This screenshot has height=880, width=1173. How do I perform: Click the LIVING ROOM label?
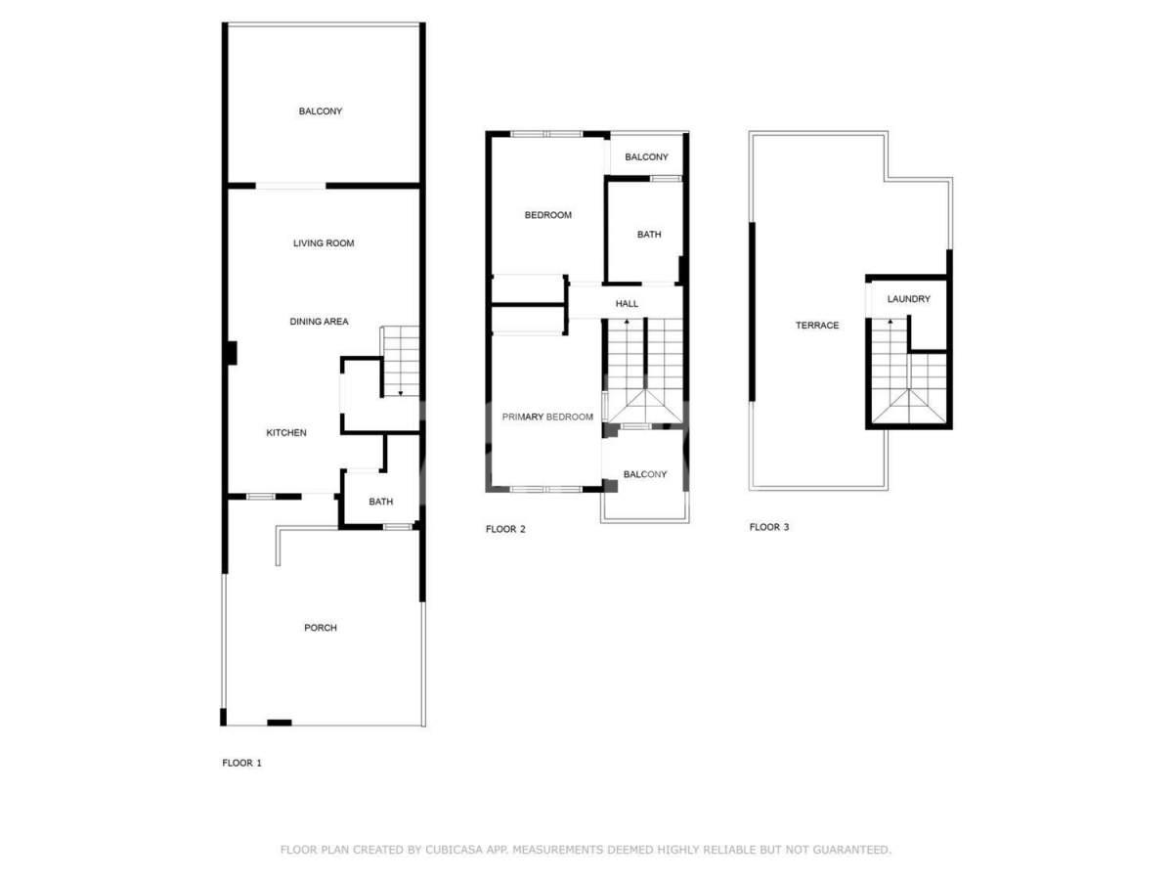(324, 243)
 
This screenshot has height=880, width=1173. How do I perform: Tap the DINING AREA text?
(319, 321)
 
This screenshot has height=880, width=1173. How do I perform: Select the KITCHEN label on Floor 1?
(286, 432)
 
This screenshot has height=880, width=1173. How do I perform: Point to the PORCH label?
(321, 628)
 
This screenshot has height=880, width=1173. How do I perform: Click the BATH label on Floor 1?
(381, 502)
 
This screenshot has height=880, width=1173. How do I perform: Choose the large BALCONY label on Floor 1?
(321, 111)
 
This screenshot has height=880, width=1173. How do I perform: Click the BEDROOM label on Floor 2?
(548, 215)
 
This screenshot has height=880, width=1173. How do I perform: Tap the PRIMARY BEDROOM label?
(547, 417)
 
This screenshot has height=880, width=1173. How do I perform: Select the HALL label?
(627, 303)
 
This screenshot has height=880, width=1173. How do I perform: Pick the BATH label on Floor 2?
(649, 234)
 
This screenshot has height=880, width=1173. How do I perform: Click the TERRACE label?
(817, 325)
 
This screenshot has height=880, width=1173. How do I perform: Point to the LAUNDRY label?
(909, 298)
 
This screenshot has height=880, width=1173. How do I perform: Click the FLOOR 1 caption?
(242, 763)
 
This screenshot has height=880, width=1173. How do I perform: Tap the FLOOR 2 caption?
(505, 529)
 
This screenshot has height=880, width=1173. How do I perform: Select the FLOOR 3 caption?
(769, 527)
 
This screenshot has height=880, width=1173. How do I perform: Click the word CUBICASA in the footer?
(453, 850)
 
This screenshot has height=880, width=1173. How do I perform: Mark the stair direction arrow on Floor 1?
(401, 394)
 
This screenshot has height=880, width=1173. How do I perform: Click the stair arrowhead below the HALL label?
(627, 321)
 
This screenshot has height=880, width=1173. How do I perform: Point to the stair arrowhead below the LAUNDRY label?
(891, 321)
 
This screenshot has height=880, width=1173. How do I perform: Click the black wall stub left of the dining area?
(233, 353)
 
